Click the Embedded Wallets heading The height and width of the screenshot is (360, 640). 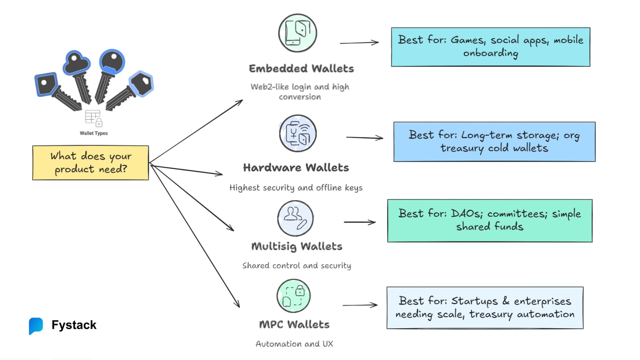pyautogui.click(x=301, y=68)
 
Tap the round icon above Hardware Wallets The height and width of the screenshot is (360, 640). pyautogui.click(x=298, y=134)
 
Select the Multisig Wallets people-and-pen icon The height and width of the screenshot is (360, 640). pyautogui.click(x=295, y=218)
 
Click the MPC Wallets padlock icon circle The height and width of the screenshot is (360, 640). pyautogui.click(x=293, y=296)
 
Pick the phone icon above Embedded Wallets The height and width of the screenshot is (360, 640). pyautogui.click(x=298, y=33)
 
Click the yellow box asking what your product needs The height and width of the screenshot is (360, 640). pyautogui.click(x=91, y=163)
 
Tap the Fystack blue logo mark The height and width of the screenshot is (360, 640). pyautogui.click(x=36, y=325)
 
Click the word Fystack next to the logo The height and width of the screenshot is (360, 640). pyautogui.click(x=74, y=325)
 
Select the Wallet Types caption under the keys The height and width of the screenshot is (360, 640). pyautogui.click(x=94, y=133)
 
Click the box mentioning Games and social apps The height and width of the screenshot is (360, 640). pyautogui.click(x=491, y=47)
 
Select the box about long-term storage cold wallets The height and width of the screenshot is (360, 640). pyautogui.click(x=494, y=142)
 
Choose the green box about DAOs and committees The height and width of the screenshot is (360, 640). pyautogui.click(x=490, y=221)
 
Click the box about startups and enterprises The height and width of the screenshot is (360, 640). pyautogui.click(x=485, y=308)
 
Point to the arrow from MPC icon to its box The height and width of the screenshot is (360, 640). pyautogui.click(x=360, y=305)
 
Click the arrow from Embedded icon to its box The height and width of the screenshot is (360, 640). pyautogui.click(x=359, y=43)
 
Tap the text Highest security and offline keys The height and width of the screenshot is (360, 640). pyautogui.click(x=296, y=188)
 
